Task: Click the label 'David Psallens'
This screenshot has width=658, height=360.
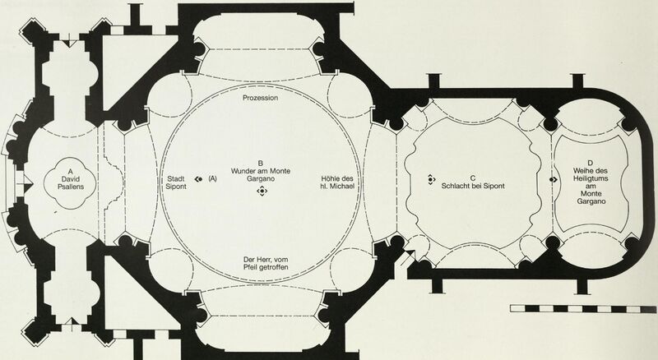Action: pyautogui.click(x=70, y=183)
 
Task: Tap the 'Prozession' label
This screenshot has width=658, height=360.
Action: pyautogui.click(x=260, y=98)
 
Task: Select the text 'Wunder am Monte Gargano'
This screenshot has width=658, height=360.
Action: pyautogui.click(x=260, y=174)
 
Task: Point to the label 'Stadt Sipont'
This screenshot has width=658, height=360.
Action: pyautogui.click(x=176, y=183)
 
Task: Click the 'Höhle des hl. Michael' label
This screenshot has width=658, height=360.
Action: pyautogui.click(x=336, y=182)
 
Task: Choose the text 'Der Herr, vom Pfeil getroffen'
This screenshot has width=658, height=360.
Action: pyautogui.click(x=266, y=264)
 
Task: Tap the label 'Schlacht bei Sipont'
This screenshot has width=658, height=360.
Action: pyautogui.click(x=473, y=186)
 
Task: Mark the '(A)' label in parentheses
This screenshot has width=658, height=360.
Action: pyautogui.click(x=212, y=178)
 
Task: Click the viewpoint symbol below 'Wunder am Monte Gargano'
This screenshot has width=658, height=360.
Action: pyautogui.click(x=262, y=192)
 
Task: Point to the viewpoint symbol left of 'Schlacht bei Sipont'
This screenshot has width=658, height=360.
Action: pyautogui.click(x=431, y=179)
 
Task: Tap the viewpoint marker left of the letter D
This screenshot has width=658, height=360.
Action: pyautogui.click(x=553, y=179)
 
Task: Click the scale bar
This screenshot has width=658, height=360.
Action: pyautogui.click(x=583, y=309)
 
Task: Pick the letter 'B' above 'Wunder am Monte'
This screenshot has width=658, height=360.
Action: pyautogui.click(x=260, y=164)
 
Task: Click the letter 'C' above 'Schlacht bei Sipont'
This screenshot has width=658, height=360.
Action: pyautogui.click(x=473, y=178)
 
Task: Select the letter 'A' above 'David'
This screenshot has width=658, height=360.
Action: pyautogui.click(x=70, y=171)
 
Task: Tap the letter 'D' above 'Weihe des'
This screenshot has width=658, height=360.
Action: pyautogui.click(x=591, y=164)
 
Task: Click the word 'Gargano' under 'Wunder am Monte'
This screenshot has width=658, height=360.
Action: pyautogui.click(x=261, y=178)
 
